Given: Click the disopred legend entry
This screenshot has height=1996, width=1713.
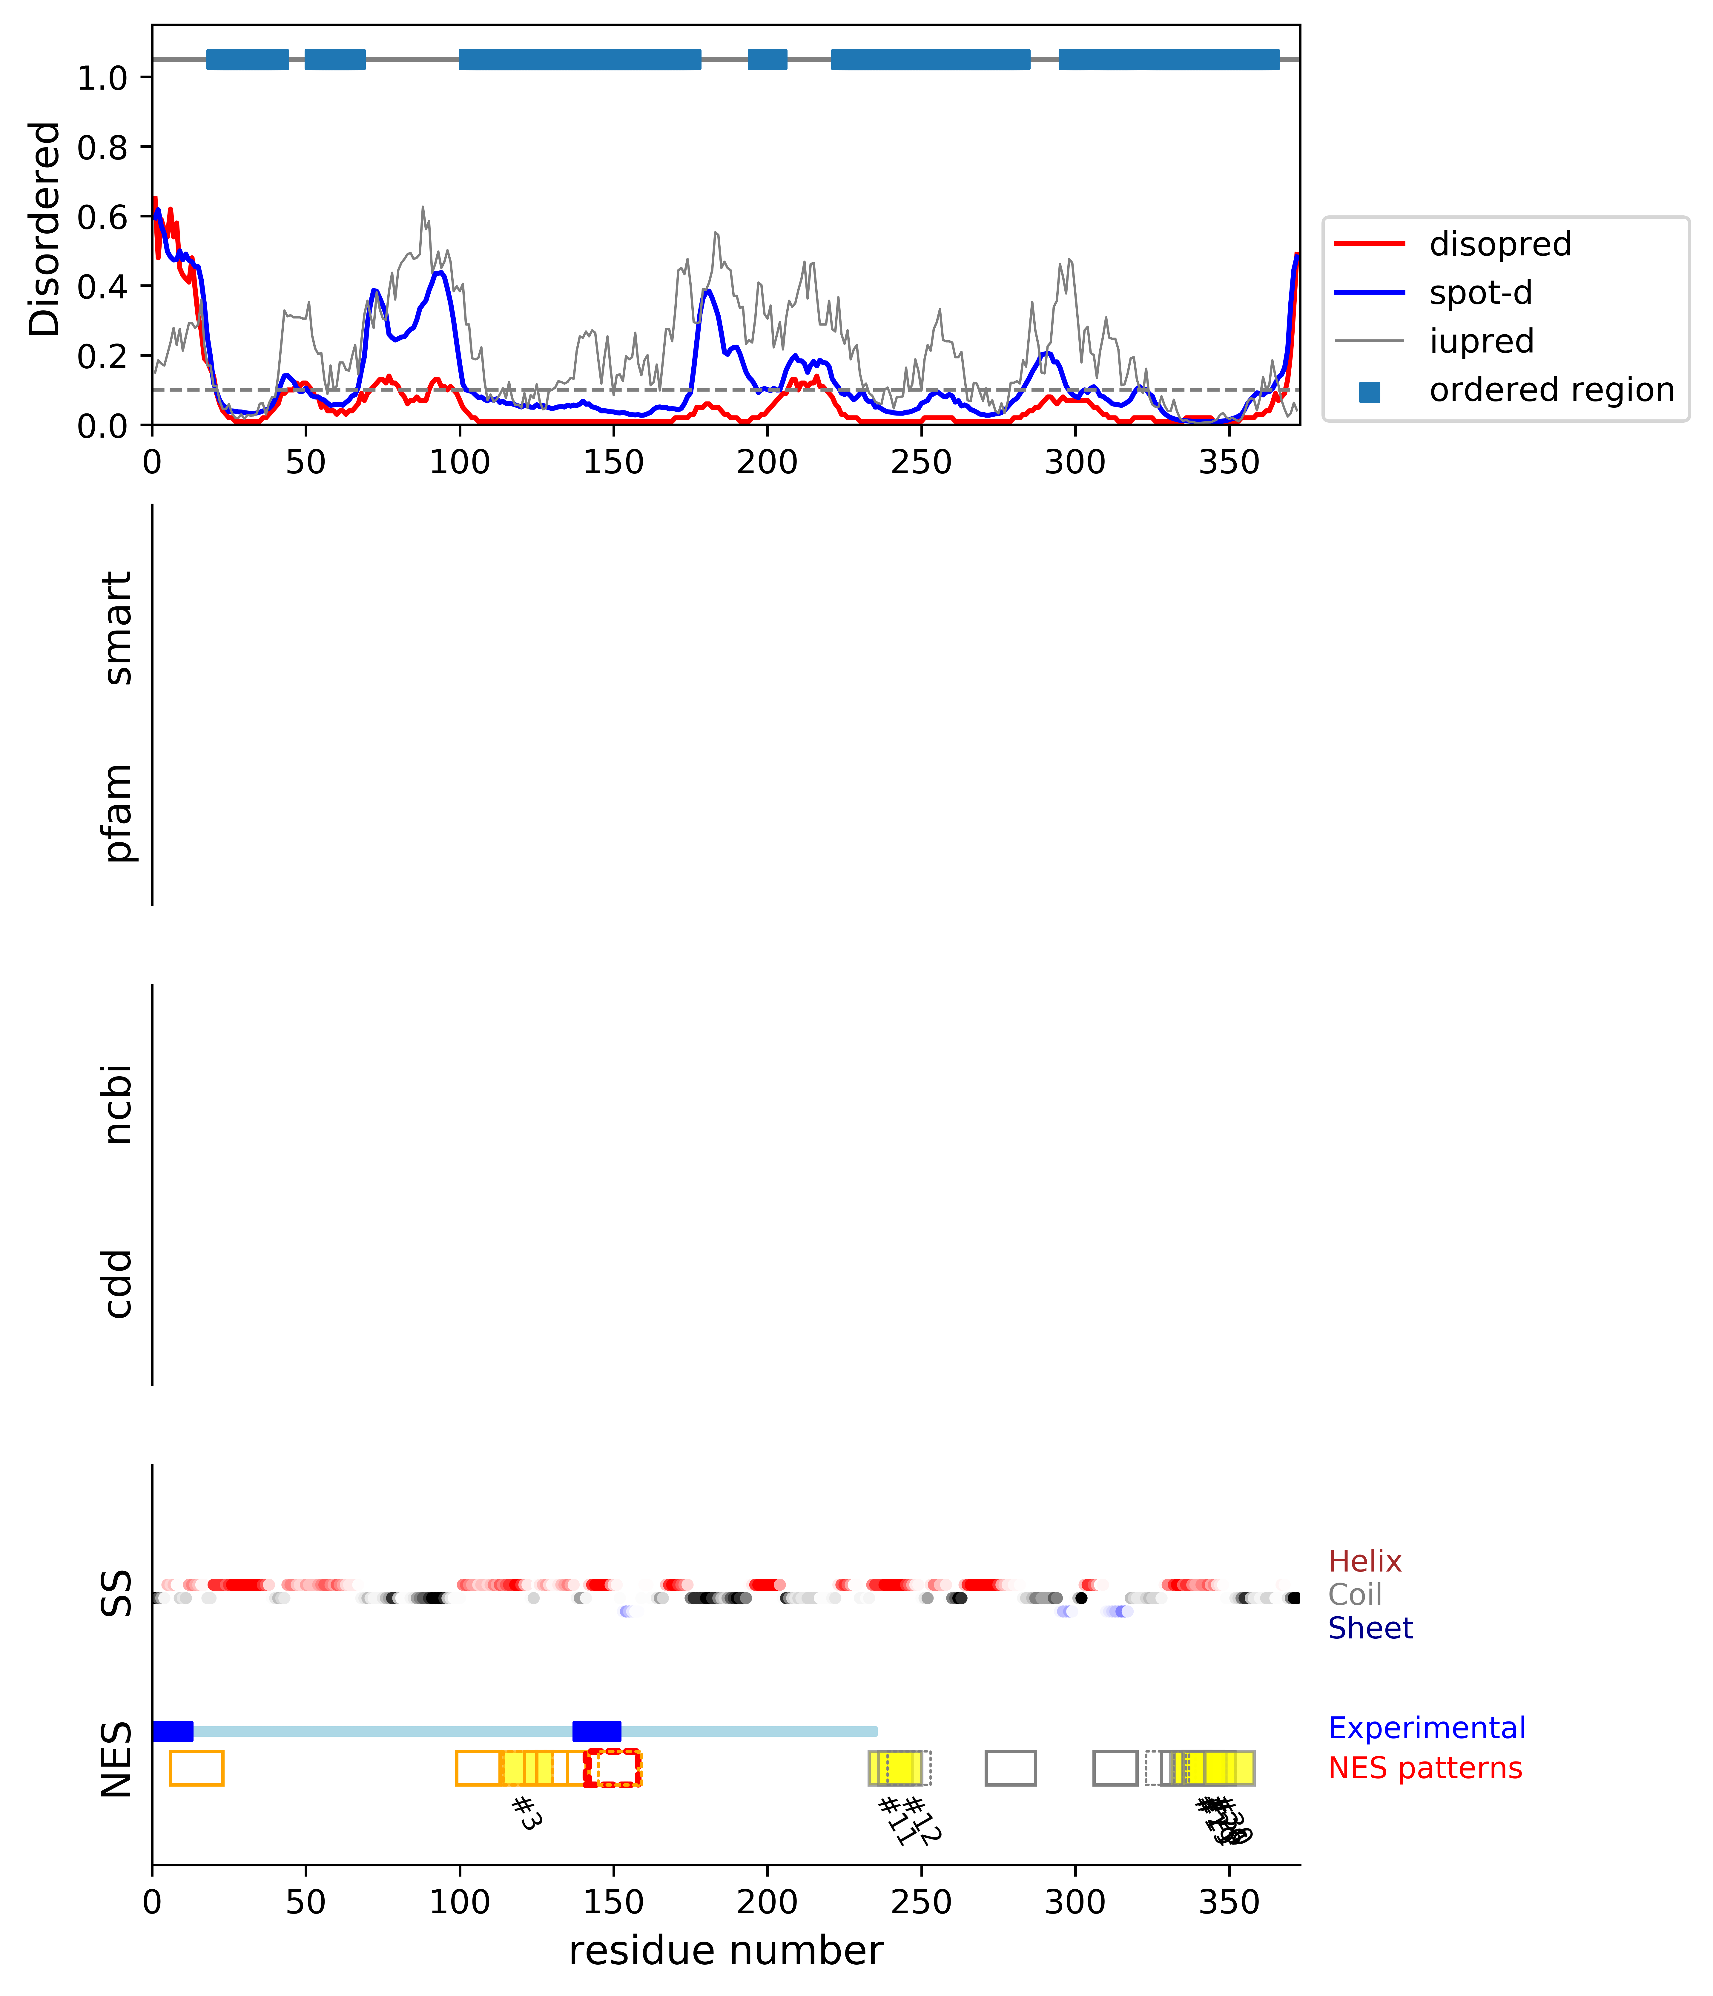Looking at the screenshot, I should [x=1499, y=245].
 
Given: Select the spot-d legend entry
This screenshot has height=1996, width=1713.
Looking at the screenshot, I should [x=1480, y=293].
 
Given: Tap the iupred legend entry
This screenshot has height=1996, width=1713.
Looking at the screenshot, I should [x=1481, y=341].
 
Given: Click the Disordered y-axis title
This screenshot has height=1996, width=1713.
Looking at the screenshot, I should [x=44, y=229].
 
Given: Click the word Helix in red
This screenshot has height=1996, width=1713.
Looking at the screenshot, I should [x=1364, y=1562].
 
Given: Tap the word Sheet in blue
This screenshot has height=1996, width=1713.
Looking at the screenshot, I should [x=1369, y=1628].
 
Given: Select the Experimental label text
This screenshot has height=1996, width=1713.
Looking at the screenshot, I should [x=1426, y=1728].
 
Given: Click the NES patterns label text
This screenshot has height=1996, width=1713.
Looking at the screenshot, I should [x=1424, y=1769].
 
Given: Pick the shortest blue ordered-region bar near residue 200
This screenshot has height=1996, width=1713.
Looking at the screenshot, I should [x=768, y=60].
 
